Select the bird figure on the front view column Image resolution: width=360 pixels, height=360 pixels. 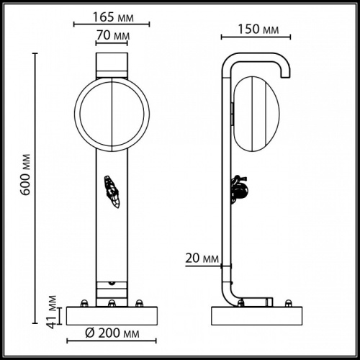[x=111, y=190]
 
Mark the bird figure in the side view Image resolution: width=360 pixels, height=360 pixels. [x=240, y=189]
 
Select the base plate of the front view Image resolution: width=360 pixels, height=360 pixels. [x=111, y=315]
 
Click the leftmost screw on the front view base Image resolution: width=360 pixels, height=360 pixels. [x=85, y=302]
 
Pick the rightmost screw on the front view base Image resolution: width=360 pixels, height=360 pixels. [x=139, y=302]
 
